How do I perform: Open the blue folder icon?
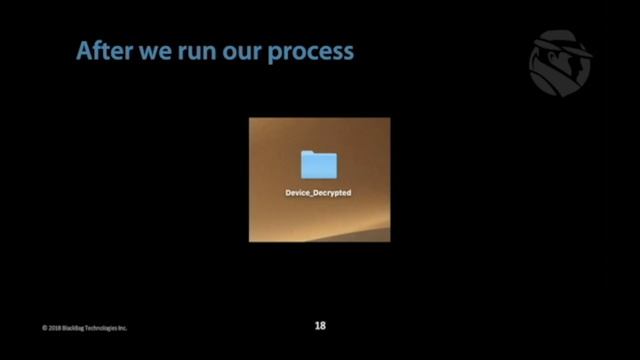(319, 165)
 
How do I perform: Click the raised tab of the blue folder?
(309, 153)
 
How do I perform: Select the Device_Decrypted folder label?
(319, 192)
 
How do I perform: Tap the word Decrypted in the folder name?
(333, 192)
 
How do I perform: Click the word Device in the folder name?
(298, 192)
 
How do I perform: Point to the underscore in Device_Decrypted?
(312, 194)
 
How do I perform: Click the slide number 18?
(320, 325)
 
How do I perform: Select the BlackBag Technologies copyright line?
(85, 328)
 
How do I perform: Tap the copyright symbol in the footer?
(45, 328)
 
